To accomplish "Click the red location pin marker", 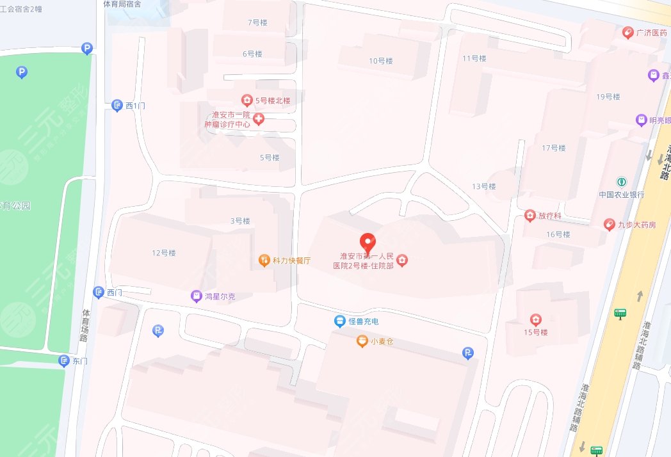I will click(367, 243).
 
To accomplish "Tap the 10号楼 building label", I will click(380, 61).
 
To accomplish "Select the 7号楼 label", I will click(257, 22).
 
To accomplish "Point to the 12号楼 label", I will click(164, 253).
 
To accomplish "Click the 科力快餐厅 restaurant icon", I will click(263, 260).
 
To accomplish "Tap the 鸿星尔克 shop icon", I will click(197, 296).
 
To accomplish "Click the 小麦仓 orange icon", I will click(362, 341).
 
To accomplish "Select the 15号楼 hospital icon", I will click(535, 319).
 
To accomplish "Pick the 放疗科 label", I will click(549, 216).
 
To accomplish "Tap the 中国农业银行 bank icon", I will click(620, 182).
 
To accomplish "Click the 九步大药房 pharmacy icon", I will click(609, 224).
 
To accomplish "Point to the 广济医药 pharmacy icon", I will click(628, 33).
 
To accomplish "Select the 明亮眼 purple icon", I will click(640, 120).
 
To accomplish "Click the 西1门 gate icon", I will click(117, 106).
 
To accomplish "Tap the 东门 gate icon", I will click(63, 361).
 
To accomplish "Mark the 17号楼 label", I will click(554, 148).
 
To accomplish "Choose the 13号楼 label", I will click(484, 186).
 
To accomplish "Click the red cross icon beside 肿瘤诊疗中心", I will click(259, 119).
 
